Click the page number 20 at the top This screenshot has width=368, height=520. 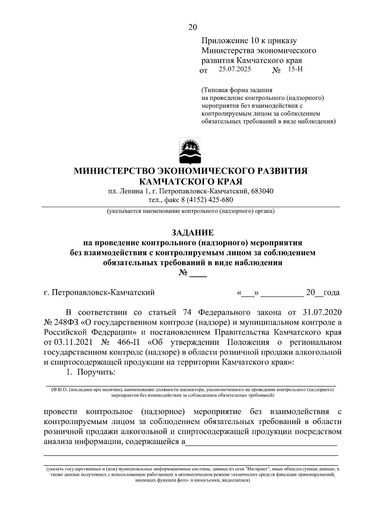192,27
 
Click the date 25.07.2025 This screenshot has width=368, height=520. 235,69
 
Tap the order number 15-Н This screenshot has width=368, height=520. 295,69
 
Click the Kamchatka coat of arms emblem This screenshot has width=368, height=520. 190,152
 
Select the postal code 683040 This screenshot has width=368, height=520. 262,191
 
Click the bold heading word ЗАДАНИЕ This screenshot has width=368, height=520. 192,232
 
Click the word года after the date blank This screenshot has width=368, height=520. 331,293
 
